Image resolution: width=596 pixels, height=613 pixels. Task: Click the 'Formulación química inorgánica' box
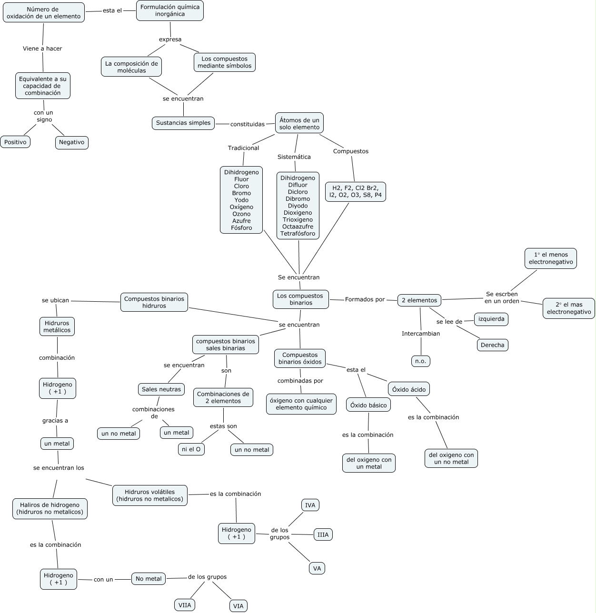click(170, 10)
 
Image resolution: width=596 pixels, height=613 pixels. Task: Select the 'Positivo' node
click(15, 142)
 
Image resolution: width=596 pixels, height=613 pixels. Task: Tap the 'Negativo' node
click(71, 142)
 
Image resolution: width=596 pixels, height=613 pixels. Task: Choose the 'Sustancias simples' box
click(183, 123)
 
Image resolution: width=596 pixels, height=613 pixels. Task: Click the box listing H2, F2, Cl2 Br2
click(356, 191)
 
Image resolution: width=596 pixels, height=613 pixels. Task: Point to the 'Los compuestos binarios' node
click(300, 299)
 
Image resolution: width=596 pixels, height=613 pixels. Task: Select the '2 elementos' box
click(419, 300)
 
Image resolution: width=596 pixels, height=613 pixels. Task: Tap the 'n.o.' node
click(420, 361)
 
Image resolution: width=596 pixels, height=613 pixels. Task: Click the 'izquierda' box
click(491, 319)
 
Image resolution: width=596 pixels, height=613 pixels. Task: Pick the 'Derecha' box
click(492, 345)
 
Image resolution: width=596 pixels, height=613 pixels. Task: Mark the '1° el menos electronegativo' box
click(551, 258)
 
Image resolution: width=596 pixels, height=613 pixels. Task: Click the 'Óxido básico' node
click(368, 405)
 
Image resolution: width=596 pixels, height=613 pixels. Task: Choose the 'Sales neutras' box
click(161, 389)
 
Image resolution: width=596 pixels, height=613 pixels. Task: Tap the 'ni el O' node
click(191, 449)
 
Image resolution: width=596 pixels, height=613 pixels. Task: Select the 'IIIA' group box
click(323, 534)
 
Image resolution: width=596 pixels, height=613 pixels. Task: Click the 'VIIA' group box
click(184, 605)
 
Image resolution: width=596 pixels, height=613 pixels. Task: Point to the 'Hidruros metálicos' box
click(57, 326)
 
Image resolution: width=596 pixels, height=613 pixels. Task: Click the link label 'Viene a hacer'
click(42, 49)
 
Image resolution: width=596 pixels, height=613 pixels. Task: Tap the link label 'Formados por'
click(365, 299)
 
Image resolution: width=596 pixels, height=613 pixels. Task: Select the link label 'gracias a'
click(55, 420)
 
